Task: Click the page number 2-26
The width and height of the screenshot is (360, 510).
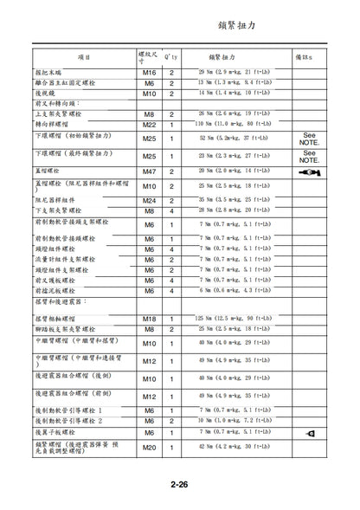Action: click(179, 487)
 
